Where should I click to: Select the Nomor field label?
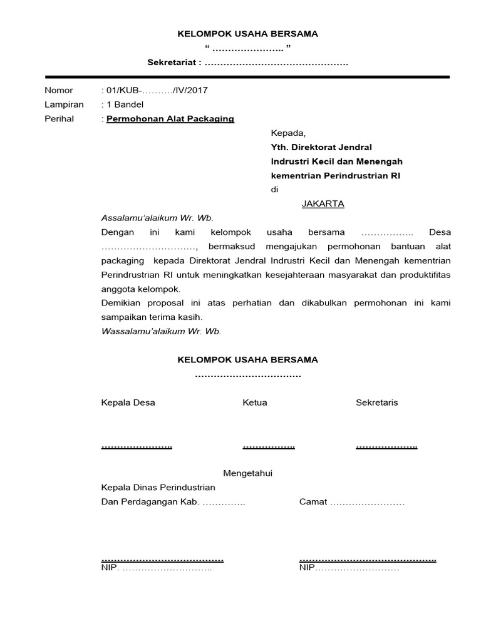[58, 90]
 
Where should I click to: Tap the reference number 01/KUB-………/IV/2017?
[156, 90]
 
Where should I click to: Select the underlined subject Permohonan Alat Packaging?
[170, 119]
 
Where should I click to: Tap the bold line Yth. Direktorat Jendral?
[321, 147]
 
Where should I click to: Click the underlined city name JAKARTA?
[323, 204]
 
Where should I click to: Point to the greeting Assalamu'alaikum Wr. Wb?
[157, 218]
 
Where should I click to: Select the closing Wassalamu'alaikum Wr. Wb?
[161, 331]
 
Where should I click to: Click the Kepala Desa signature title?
[128, 403]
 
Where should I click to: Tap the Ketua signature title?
[255, 403]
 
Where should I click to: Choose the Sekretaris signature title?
[376, 403]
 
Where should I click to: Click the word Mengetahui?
[248, 474]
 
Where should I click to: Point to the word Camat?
[313, 502]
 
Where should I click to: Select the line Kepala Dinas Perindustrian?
[158, 488]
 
